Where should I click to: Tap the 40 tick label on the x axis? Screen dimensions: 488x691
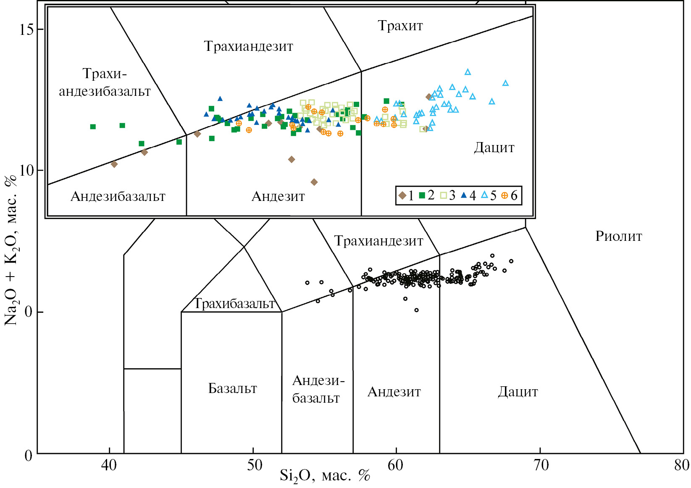(109, 465)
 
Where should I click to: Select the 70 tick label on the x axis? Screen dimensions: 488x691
(541, 465)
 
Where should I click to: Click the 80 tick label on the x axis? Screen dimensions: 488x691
(681, 465)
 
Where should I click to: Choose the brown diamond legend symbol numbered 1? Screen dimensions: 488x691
(402, 195)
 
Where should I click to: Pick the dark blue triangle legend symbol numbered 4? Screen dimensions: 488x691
(464, 195)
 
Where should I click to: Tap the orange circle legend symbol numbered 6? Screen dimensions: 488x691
(504, 195)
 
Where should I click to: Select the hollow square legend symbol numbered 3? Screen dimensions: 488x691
(443, 195)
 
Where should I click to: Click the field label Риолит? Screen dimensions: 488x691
(619, 236)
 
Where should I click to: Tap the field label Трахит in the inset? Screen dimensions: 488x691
(400, 26)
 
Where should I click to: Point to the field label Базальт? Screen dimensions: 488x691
(233, 388)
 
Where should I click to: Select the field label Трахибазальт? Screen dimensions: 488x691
(234, 303)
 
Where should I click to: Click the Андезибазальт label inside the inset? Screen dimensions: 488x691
(118, 196)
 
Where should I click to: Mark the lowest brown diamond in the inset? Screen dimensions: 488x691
(314, 182)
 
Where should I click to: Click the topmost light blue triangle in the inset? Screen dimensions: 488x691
(468, 72)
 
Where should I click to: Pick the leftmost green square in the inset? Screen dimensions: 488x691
(93, 127)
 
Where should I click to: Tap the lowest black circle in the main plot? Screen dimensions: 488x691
(416, 310)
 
